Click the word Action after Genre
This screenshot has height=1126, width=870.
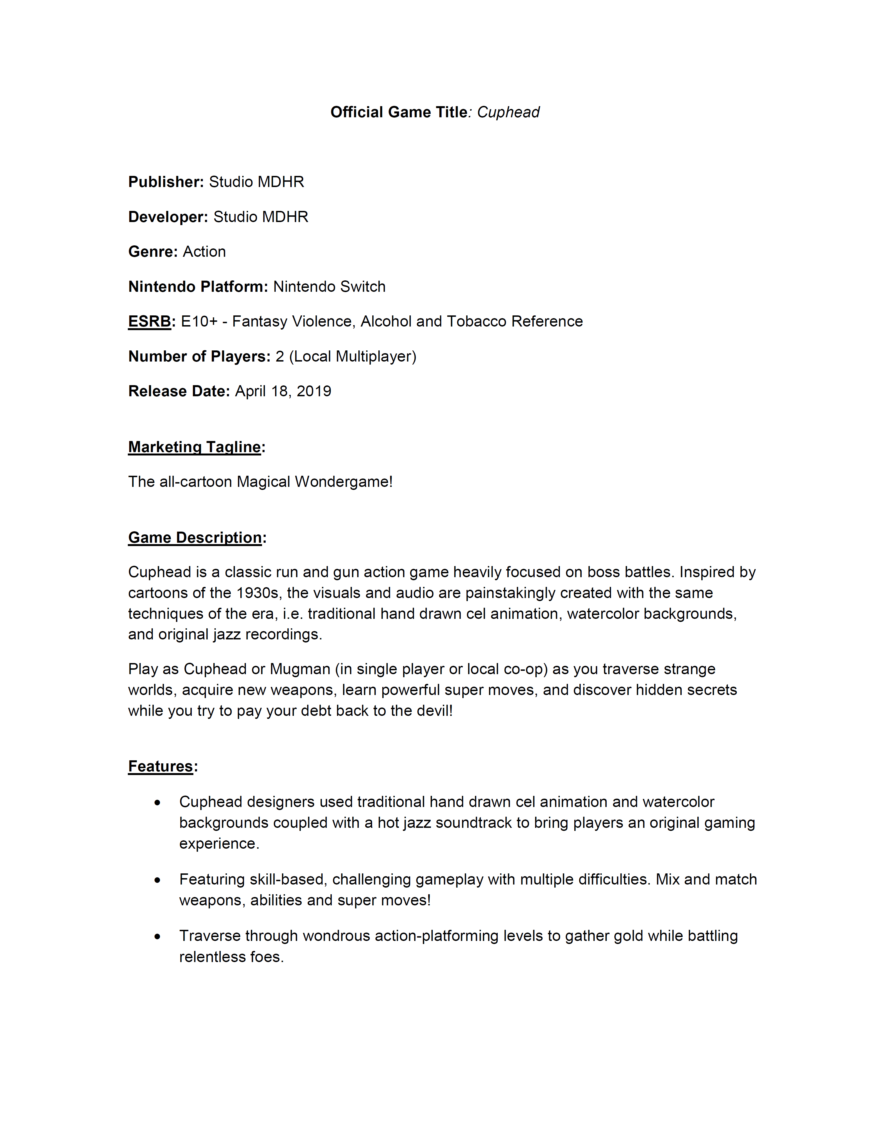point(204,251)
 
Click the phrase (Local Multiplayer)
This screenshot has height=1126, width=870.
point(353,357)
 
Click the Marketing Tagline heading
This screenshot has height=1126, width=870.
point(195,447)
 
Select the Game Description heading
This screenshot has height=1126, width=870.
point(195,538)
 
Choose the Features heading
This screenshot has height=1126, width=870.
point(160,767)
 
